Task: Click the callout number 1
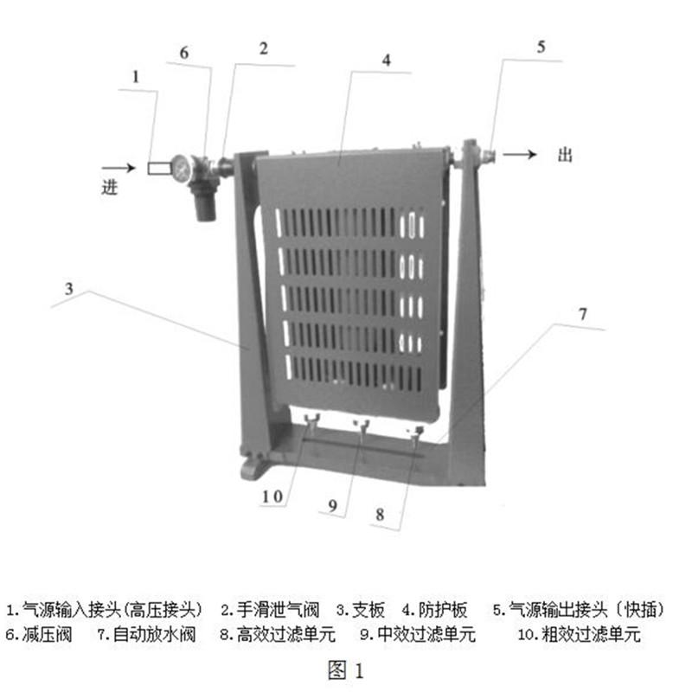coord(134,76)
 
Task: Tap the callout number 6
coord(183,53)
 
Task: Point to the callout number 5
coord(541,48)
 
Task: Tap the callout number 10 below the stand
coord(272,497)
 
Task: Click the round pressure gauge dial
coord(183,168)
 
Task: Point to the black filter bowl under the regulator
coord(206,204)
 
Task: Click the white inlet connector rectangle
coord(158,168)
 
